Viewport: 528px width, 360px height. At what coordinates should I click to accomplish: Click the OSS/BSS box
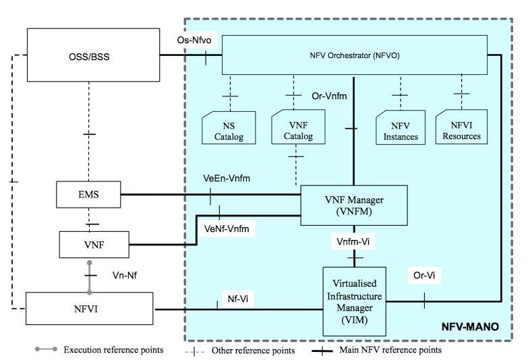pos(90,56)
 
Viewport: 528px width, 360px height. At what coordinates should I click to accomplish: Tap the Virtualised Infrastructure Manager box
pos(353,301)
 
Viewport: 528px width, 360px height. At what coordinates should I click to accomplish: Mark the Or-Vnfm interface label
pos(330,96)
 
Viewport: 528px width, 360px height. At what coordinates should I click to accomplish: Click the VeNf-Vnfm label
pos(227,229)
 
